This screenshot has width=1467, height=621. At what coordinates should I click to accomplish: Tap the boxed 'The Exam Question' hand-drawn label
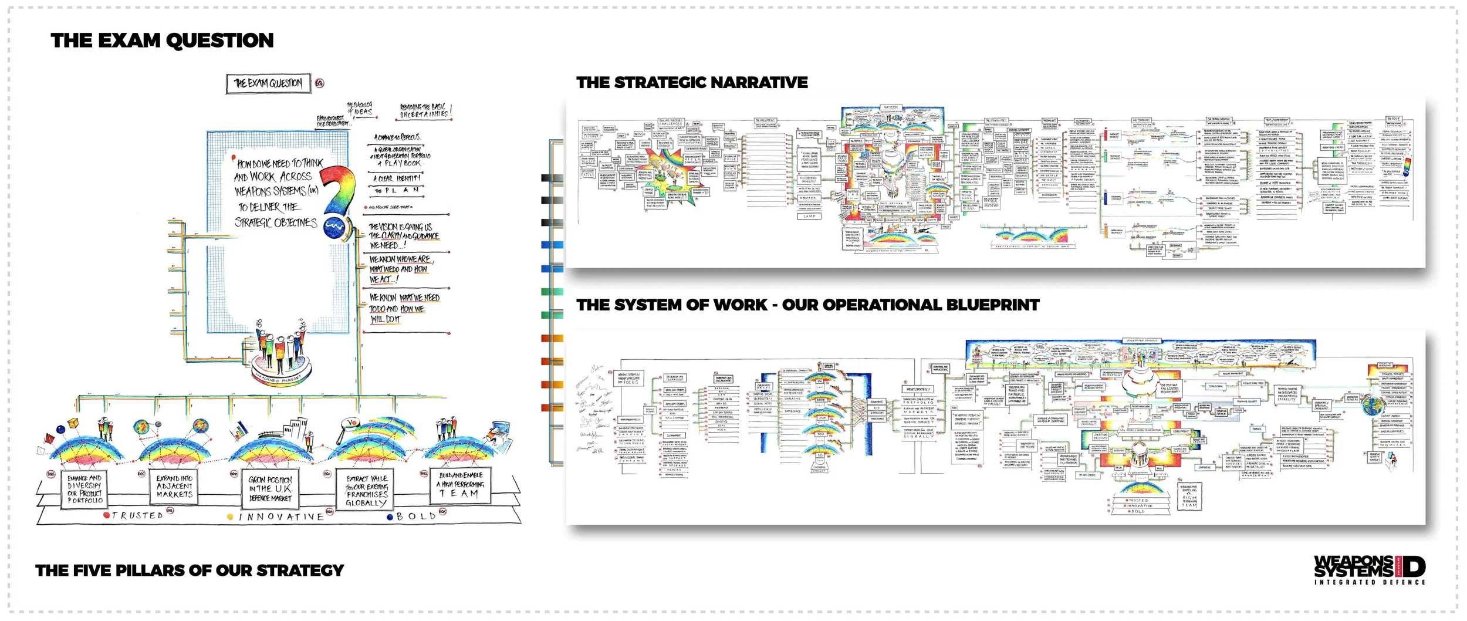click(x=268, y=83)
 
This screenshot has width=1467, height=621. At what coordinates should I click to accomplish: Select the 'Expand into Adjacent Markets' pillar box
click(x=174, y=487)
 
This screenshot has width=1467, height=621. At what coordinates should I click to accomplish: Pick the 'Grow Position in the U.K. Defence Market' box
click(x=270, y=488)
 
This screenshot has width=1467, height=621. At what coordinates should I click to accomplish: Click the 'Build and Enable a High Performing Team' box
click(x=461, y=484)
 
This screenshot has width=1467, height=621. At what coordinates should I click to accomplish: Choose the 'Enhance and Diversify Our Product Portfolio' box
click(x=84, y=489)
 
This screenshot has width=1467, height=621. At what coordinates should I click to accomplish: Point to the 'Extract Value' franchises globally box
click(x=367, y=491)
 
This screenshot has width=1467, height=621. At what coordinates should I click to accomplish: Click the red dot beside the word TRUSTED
click(x=106, y=515)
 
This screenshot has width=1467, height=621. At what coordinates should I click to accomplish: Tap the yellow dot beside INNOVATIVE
click(x=231, y=517)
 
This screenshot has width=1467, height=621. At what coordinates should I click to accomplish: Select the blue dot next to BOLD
click(x=390, y=517)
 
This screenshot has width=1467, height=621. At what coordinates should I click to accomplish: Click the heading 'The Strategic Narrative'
click(x=692, y=83)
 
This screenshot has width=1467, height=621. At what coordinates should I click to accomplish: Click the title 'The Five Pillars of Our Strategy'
click(x=190, y=571)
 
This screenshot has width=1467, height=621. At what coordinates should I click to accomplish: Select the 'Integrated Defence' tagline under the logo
click(x=1370, y=582)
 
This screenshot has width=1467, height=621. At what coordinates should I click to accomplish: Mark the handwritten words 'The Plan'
click(x=397, y=191)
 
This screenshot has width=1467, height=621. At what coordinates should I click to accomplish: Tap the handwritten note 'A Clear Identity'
click(x=397, y=178)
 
